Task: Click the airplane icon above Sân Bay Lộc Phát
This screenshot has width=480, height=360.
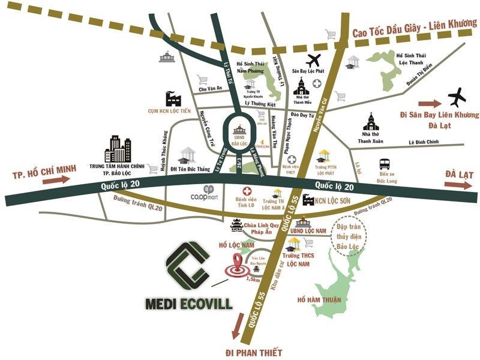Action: coord(313,61)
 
